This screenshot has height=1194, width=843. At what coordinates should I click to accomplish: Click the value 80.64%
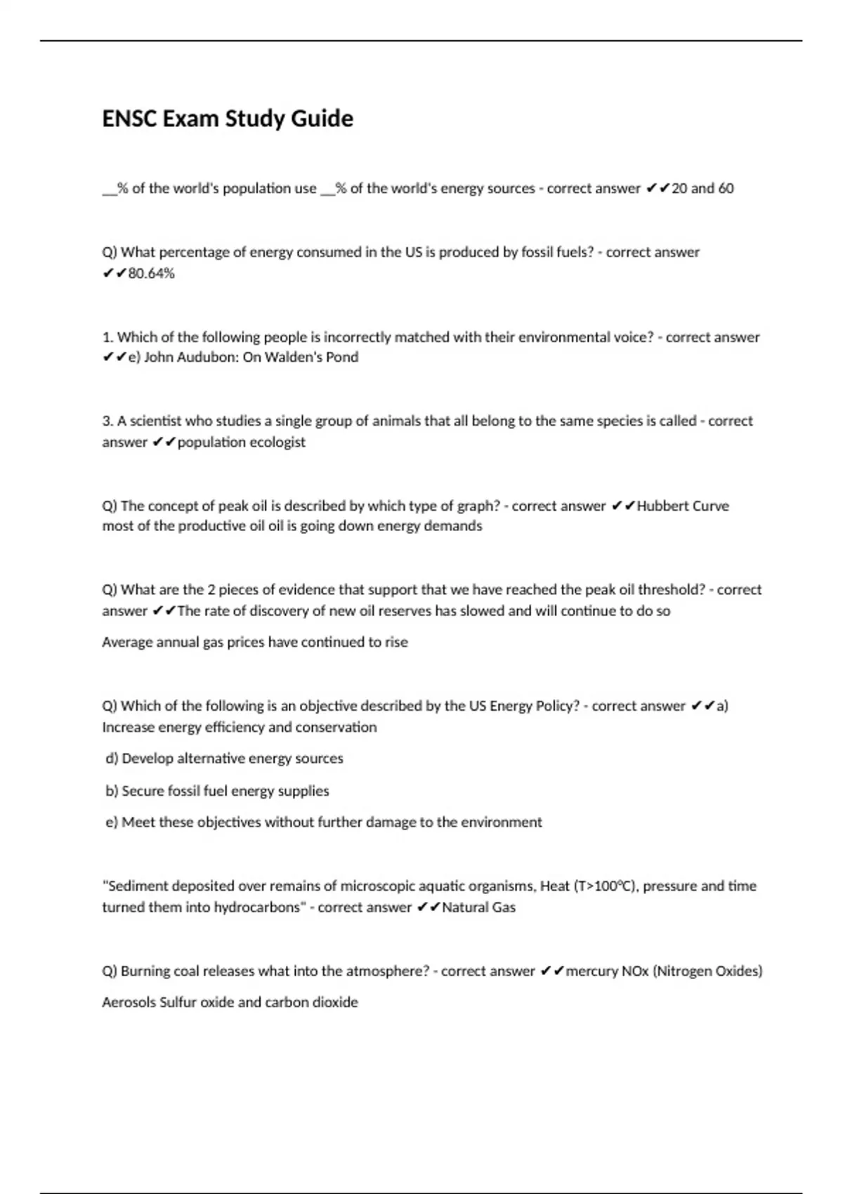pos(151,273)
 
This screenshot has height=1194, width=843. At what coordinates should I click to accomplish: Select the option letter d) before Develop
pos(112,759)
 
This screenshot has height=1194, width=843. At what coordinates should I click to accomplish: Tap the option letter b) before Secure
pos(112,791)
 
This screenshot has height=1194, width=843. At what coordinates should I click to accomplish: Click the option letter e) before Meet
pos(112,822)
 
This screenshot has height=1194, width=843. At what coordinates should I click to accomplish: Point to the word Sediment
pos(138,886)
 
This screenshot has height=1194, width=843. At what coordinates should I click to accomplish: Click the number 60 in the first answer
pos(726,188)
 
